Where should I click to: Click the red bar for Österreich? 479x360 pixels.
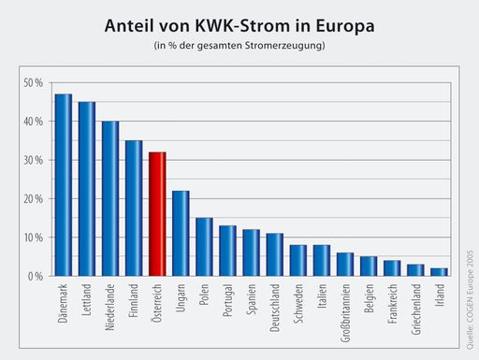point(157,214)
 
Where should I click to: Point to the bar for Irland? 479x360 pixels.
point(439,272)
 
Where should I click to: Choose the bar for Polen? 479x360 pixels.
point(204,247)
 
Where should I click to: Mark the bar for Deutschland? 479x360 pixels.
point(274,254)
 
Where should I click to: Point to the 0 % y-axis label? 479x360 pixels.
point(35,277)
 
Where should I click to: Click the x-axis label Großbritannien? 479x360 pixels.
point(345,315)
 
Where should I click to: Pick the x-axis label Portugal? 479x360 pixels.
point(227,303)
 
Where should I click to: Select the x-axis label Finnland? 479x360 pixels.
point(134,304)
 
